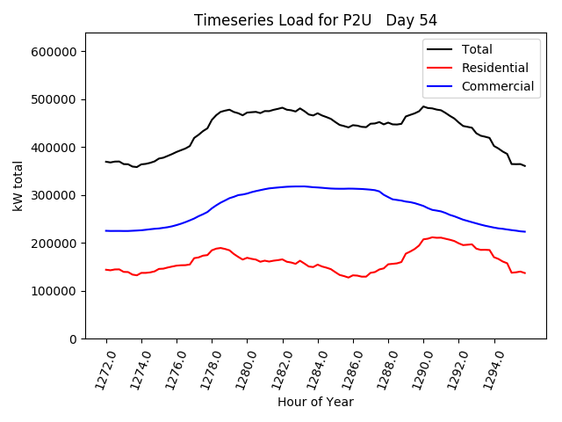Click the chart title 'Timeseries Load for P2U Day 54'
315,20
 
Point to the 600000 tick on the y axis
55,52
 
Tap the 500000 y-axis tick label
55,99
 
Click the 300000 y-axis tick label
55,195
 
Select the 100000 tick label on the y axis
55,291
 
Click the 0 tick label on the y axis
75,339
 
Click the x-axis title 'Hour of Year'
315,402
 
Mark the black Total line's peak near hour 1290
423,106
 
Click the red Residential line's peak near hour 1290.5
432,236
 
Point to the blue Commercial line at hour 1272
106,230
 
